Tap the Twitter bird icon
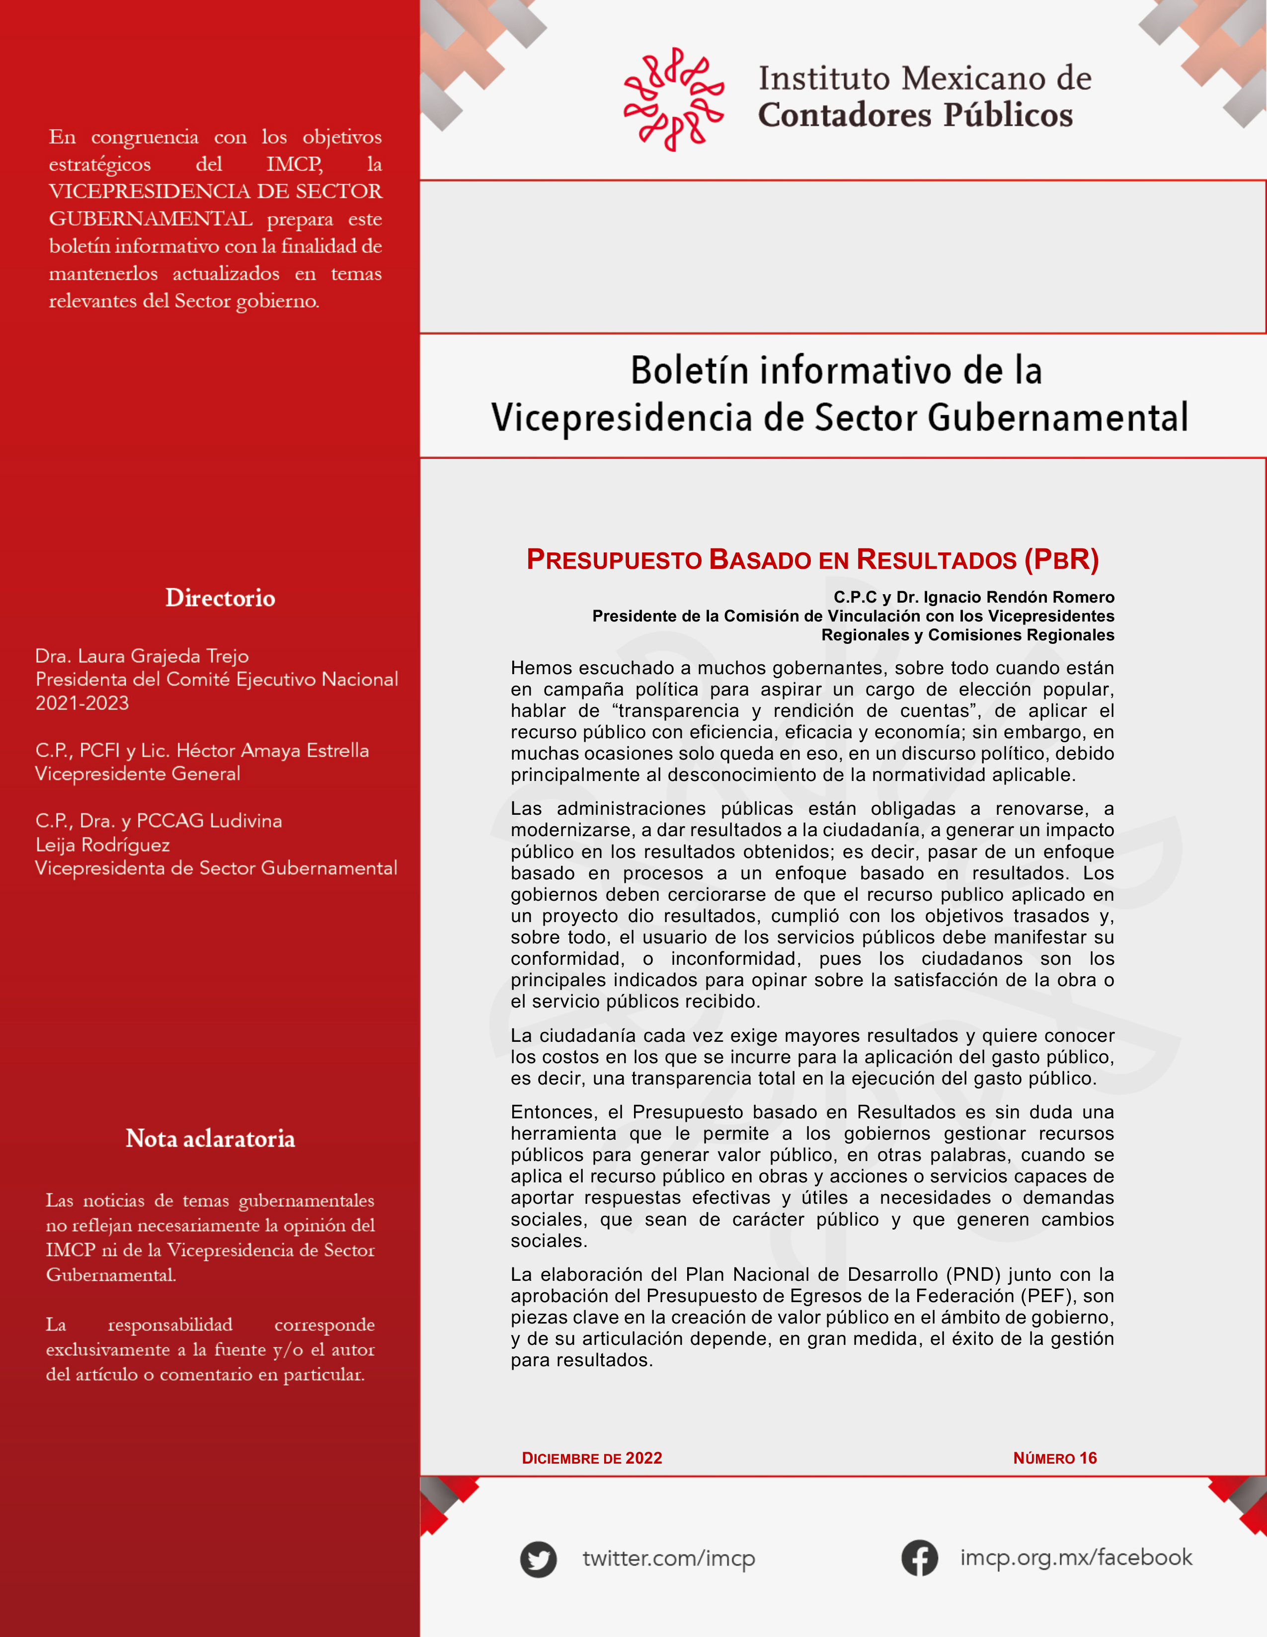[538, 1560]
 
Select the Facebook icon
[919, 1559]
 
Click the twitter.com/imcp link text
[669, 1559]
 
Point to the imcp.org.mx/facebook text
[1076, 1558]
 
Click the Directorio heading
[221, 598]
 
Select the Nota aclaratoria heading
[211, 1139]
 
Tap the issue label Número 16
[1055, 1458]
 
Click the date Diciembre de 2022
[592, 1458]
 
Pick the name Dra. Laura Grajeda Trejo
[142, 656]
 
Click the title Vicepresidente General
[138, 774]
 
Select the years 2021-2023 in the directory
[82, 703]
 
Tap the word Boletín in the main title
[688, 371]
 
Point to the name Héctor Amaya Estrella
[273, 750]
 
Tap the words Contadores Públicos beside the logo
[915, 115]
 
